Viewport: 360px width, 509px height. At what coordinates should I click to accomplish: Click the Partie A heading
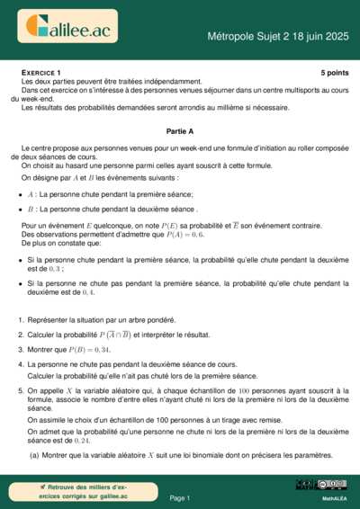(181, 130)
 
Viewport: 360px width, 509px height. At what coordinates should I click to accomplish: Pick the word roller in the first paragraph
(284, 147)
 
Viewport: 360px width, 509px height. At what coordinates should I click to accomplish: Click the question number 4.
(21, 363)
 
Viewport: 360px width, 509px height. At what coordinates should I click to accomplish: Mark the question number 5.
(21, 391)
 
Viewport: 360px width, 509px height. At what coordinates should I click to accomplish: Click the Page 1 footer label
(180, 497)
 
